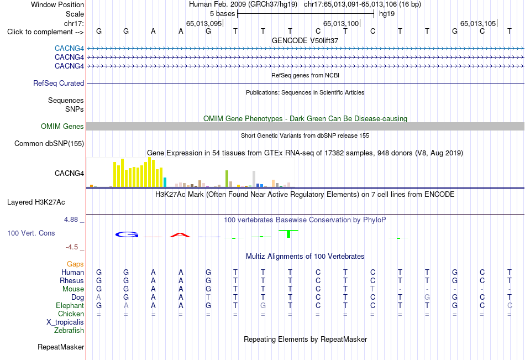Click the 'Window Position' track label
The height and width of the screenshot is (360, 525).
[57, 4]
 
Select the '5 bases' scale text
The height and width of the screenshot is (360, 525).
[222, 14]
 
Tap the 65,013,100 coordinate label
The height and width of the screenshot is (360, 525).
[341, 23]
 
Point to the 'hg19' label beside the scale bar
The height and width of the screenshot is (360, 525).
[387, 14]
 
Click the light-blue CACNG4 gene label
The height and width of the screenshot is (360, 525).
[69, 49]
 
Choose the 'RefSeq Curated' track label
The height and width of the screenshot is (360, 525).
[59, 83]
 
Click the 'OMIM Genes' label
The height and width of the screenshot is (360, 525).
[62, 127]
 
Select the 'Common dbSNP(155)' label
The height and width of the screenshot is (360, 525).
[49, 143]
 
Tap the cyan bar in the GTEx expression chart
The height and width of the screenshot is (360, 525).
[165, 182]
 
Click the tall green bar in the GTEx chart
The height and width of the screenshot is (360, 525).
[227, 179]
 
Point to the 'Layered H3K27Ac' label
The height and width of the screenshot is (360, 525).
[36, 202]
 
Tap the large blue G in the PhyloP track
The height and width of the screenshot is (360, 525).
[127, 234]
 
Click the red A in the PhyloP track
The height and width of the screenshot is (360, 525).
[180, 235]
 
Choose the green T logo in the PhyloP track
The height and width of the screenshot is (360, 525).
[288, 234]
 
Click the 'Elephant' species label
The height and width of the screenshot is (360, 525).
[70, 306]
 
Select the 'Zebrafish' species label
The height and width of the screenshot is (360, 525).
[69, 331]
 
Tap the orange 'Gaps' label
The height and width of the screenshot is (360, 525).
[75, 264]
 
